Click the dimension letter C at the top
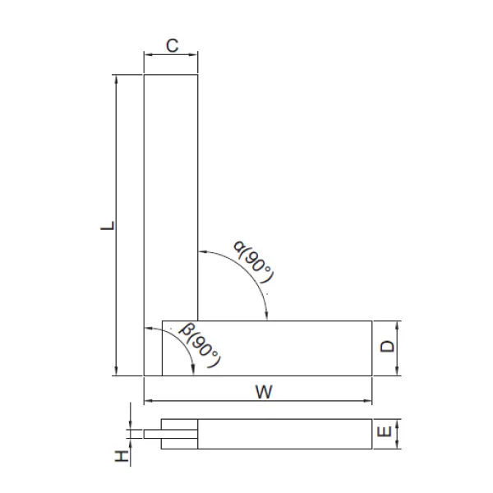[x=171, y=46]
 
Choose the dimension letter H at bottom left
[x=122, y=456]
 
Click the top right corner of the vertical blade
[x=199, y=75]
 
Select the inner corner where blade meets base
[x=199, y=320]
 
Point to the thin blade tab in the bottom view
[x=153, y=433]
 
